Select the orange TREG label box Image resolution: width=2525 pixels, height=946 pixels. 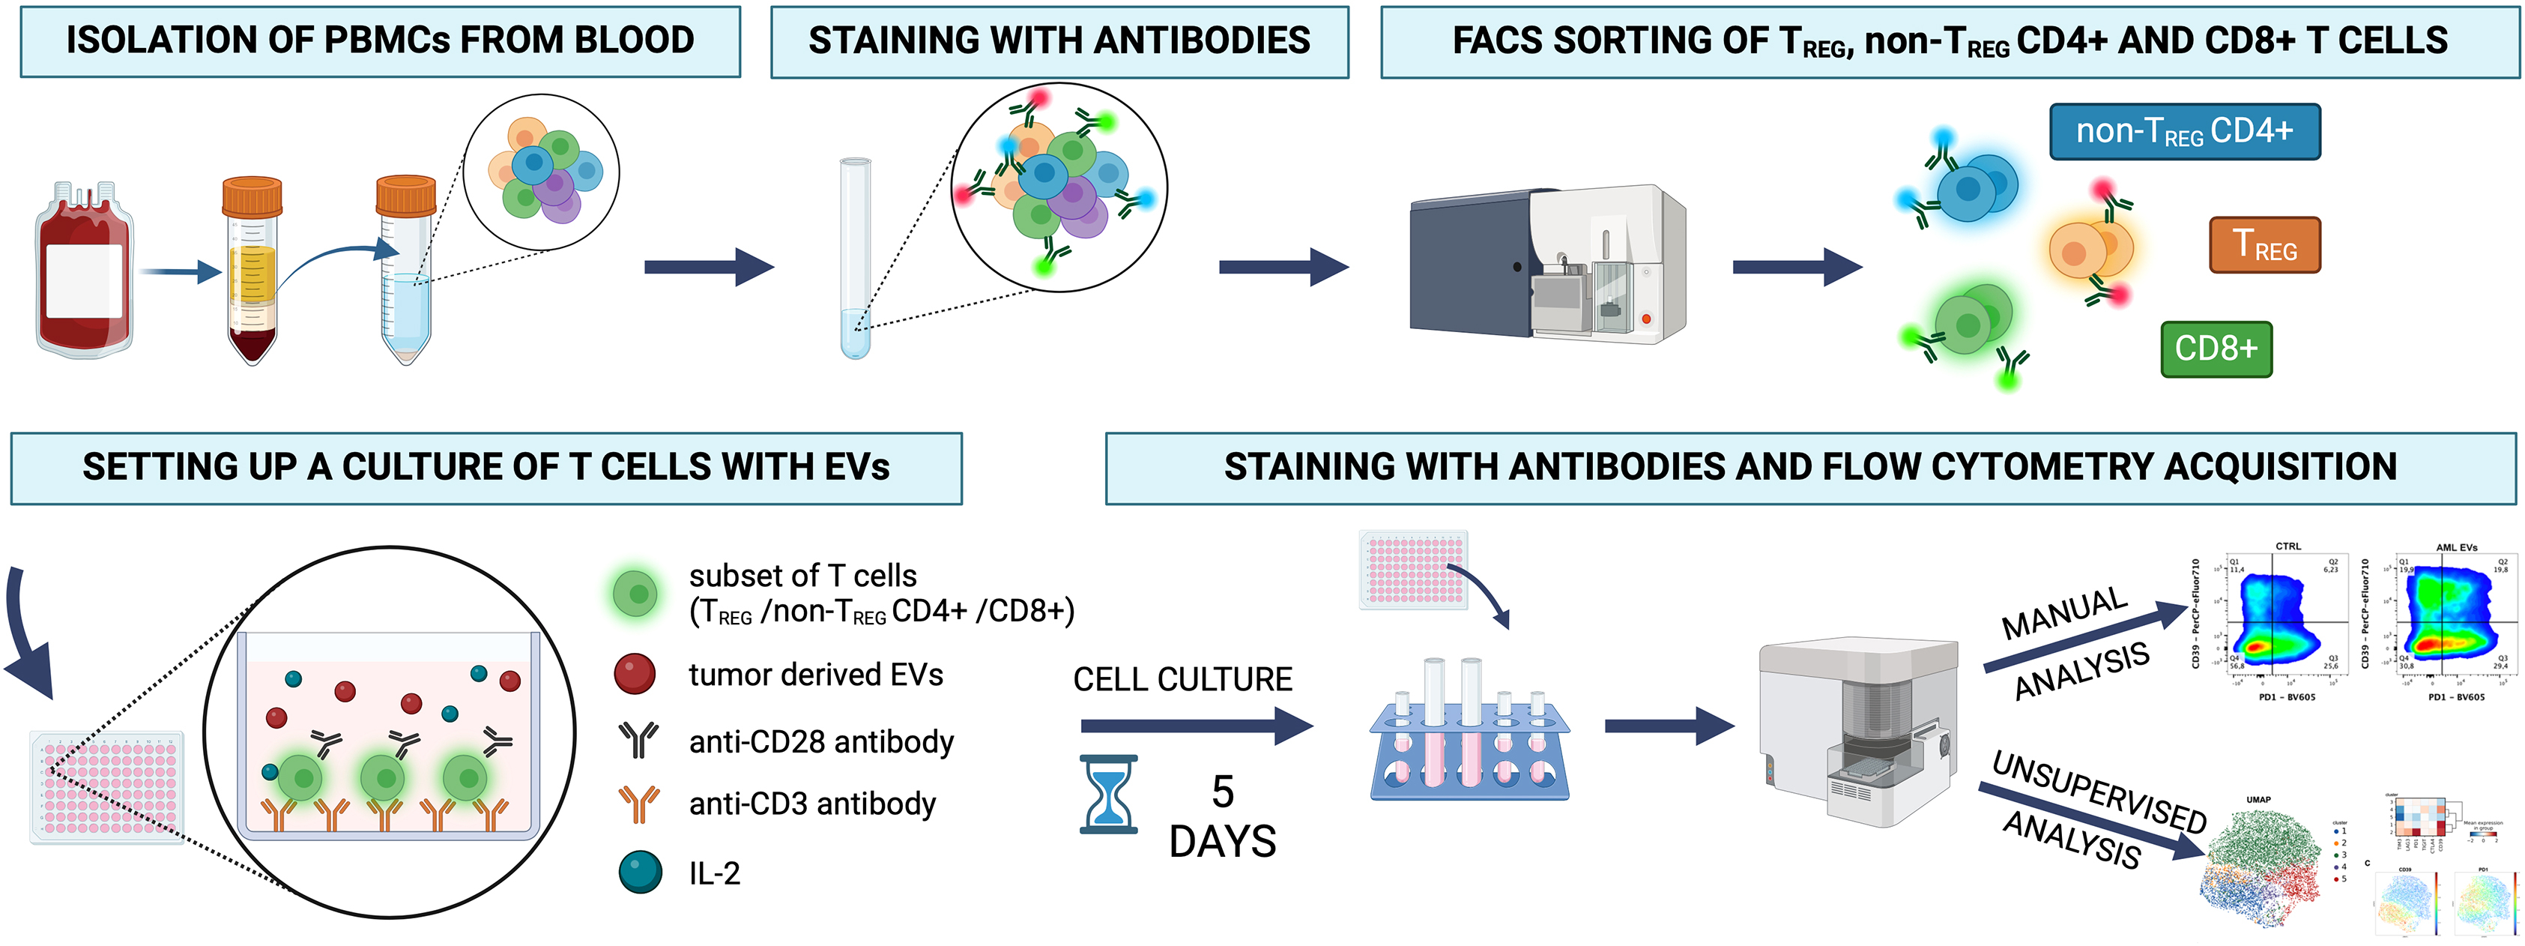pos(2264,245)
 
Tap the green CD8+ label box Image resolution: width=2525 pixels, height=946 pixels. pos(2216,349)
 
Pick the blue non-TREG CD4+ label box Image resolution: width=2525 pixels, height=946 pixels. pos(2184,131)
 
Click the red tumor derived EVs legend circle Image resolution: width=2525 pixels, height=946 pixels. pos(634,675)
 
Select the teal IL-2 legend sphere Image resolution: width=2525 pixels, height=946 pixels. pos(640,872)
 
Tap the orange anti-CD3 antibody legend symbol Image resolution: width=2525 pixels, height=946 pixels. pos(639,804)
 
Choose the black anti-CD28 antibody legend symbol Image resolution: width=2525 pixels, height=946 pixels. pos(639,740)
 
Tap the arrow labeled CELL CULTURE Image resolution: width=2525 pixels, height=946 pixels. pos(1196,726)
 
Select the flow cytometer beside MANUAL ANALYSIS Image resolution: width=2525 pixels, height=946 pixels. pos(1857,730)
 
